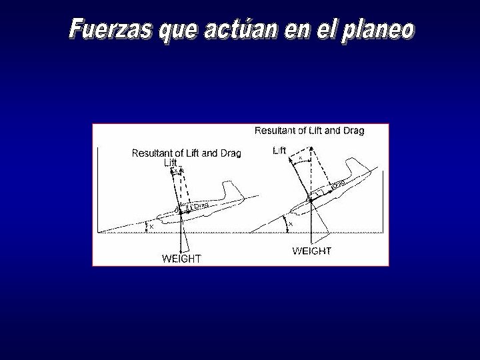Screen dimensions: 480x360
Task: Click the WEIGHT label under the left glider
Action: tap(181, 258)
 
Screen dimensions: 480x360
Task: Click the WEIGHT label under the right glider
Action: tap(311, 251)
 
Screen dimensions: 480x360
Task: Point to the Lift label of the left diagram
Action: tap(171, 162)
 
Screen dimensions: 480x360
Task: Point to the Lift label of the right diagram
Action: tap(279, 151)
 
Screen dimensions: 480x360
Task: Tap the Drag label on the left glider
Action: tap(201, 206)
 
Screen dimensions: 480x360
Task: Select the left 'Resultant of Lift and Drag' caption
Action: tap(186, 153)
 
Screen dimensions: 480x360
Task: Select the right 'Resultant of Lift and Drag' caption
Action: tap(309, 131)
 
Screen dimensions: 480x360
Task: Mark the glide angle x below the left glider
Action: tap(151, 227)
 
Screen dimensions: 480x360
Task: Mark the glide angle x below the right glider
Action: tap(290, 225)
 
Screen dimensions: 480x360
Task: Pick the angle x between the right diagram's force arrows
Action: tap(300, 158)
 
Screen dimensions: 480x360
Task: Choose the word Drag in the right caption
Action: tap(353, 131)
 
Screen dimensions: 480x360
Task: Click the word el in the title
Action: tap(323, 29)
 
